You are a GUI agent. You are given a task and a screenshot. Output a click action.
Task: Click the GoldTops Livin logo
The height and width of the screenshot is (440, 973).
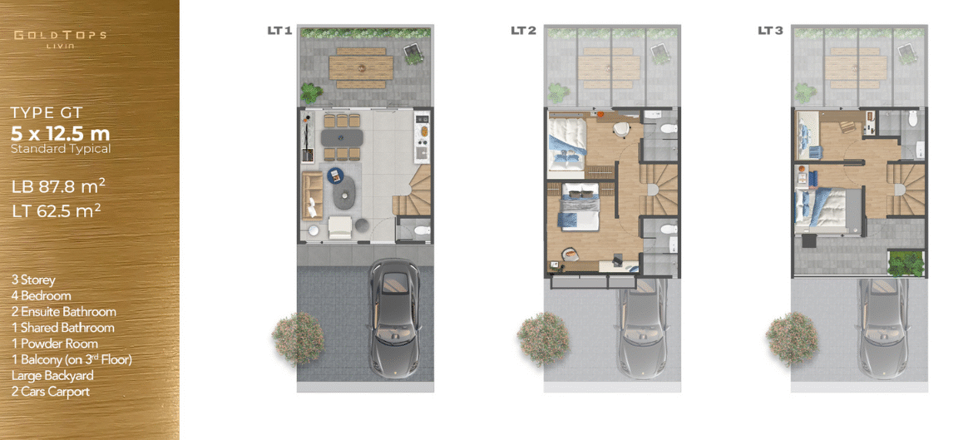coord(60,38)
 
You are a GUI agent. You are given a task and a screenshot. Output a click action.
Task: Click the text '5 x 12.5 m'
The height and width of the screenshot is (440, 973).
coord(61,133)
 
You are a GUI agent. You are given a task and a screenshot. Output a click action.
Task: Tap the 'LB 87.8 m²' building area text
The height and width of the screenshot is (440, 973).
coord(58,186)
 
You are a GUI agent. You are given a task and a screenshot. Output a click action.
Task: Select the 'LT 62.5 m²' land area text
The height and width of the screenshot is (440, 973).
coord(57,210)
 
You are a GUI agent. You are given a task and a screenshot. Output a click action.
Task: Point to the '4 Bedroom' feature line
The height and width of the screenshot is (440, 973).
coord(41,296)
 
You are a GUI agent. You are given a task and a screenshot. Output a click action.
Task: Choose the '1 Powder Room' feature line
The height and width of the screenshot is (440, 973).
coord(55,344)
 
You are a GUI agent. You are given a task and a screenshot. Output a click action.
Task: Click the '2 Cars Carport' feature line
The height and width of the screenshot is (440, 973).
coord(50,392)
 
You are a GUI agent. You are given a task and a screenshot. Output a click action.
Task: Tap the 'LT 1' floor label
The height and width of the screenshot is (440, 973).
coord(279,30)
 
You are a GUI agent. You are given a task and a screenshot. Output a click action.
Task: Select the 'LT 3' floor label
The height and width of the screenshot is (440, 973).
coord(770,30)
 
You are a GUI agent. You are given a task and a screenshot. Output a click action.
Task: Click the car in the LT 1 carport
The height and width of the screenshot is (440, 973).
coord(395,318)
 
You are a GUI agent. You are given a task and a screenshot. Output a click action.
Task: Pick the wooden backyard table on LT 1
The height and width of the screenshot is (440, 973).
coord(361,67)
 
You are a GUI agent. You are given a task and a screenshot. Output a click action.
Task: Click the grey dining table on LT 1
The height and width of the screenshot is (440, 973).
coord(341,137)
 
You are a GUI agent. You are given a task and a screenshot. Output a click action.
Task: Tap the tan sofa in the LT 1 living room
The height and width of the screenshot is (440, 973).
coord(312,195)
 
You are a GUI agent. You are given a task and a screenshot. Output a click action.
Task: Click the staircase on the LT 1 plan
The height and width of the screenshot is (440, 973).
coord(412,190)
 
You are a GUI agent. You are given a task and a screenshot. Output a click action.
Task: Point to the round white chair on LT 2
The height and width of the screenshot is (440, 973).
coord(620,129)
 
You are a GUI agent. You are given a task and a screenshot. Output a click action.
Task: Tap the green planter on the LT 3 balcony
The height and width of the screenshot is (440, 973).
coord(906,263)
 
